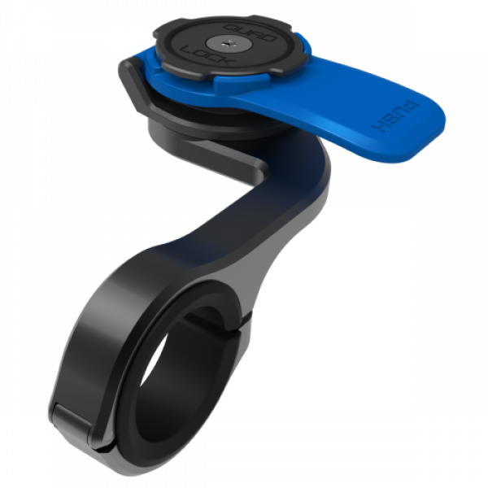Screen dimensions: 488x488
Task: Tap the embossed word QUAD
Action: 250,33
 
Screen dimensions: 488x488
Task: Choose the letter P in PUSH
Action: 412,107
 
